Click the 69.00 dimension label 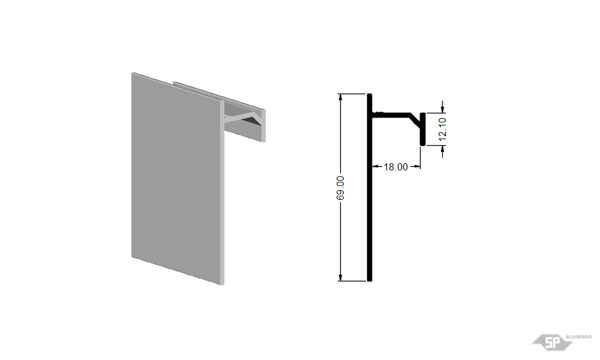pos(340,188)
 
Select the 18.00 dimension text pos(395,167)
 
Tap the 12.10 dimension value pos(442,130)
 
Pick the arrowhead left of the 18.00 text pos(376,166)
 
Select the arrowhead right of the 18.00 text pos(417,166)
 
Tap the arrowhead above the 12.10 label pos(443,109)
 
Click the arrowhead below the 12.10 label pos(443,149)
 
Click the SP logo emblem pos(552,342)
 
